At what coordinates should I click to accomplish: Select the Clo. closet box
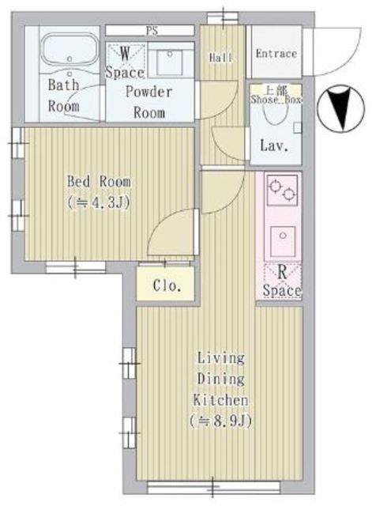[x=167, y=285]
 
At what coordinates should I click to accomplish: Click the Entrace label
[x=276, y=54]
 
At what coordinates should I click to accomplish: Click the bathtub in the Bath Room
[x=67, y=54]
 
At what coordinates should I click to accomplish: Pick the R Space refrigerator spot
[x=282, y=281]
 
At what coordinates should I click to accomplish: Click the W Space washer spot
[x=125, y=62]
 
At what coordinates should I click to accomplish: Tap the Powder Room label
[x=149, y=101]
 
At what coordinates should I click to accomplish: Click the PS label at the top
[x=150, y=30]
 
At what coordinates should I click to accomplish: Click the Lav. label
[x=274, y=146]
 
